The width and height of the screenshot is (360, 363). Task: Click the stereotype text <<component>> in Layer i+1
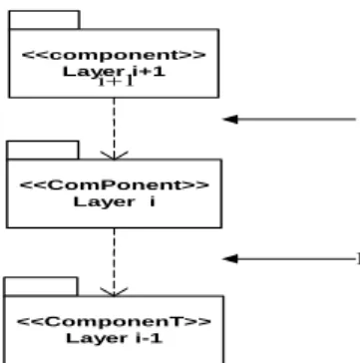tap(114, 55)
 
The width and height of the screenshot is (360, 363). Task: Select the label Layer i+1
tap(114, 72)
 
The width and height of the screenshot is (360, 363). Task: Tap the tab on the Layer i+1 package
tap(45, 20)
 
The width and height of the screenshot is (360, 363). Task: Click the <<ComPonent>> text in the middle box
tap(115, 184)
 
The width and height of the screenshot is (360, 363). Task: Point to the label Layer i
tap(115, 201)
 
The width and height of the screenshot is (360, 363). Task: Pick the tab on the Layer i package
tap(43, 151)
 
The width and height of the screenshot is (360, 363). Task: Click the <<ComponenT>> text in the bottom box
tap(114, 321)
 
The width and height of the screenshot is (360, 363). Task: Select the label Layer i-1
tap(115, 338)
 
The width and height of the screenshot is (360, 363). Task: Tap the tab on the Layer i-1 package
tap(41, 286)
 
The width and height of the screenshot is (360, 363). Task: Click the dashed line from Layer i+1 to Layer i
tap(114, 129)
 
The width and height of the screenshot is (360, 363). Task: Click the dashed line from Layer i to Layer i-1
tap(114, 261)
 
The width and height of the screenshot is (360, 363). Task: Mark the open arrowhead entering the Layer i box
tap(114, 156)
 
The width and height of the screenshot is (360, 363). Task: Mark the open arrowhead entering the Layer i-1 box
tap(114, 291)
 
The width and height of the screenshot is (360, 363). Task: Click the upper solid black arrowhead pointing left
tap(230, 120)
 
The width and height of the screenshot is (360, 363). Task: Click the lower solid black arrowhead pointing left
tap(230, 258)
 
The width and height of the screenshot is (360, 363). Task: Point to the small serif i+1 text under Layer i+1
tap(116, 82)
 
